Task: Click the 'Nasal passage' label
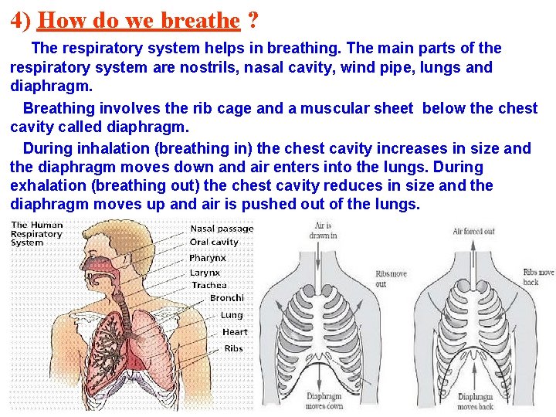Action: point(222,229)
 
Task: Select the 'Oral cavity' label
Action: point(215,242)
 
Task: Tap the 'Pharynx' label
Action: point(208,258)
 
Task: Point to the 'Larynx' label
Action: point(205,273)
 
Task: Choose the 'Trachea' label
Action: point(209,286)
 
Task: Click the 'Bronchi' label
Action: point(226,298)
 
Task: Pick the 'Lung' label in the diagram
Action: point(232,315)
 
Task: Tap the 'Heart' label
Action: point(235,332)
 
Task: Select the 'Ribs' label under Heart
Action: point(233,349)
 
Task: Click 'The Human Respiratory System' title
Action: point(37,234)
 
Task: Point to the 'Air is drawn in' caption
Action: point(323,230)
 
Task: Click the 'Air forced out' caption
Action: point(473,231)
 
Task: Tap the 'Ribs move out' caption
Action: point(391,279)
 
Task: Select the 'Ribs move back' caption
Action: point(538,277)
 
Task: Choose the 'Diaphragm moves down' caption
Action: point(324,401)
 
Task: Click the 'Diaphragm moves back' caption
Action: point(475,401)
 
